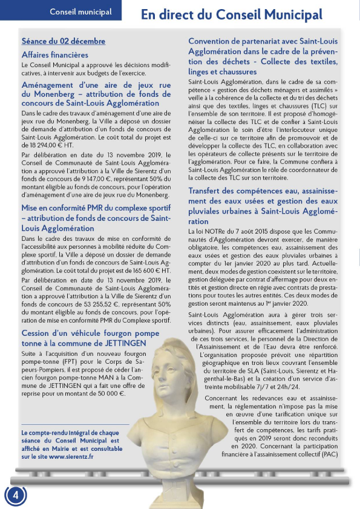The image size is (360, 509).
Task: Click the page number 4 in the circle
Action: tap(16, 494)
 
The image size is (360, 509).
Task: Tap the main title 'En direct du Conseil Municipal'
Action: tap(232, 15)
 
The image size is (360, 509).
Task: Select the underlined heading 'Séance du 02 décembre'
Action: tap(64, 41)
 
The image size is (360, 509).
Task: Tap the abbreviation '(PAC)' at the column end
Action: tap(329, 455)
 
